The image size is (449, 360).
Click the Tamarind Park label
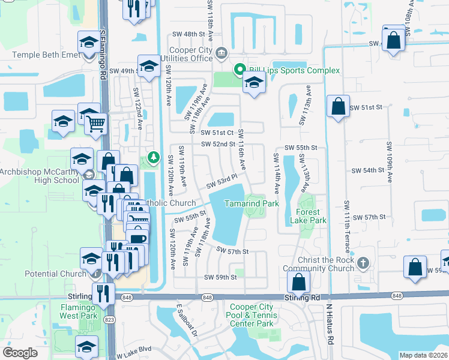point(252,204)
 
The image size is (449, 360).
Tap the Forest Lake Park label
point(312,216)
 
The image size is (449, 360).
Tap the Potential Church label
point(56,274)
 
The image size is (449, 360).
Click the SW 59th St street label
point(220,277)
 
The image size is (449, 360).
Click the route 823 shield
point(110,319)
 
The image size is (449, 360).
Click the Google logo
point(20,353)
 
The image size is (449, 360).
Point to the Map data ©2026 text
point(423,355)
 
